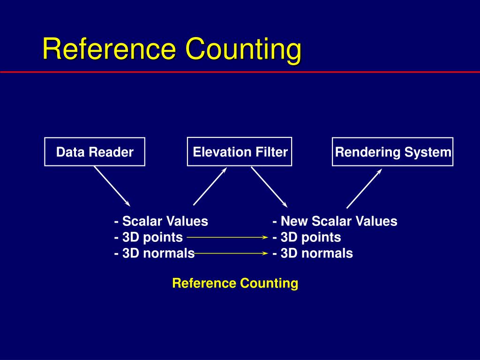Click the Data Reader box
pos(95,152)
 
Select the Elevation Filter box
pos(240,151)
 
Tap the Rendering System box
pos(393,152)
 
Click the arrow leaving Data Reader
pos(112,187)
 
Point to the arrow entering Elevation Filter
pos(210,187)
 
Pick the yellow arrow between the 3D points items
pos(227,238)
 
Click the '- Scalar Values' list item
pos(161,221)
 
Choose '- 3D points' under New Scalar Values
pos(307,238)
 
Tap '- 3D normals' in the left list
pos(154,254)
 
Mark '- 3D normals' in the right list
pos(313,254)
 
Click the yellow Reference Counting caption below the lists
pos(235,283)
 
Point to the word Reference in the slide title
pos(110,49)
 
